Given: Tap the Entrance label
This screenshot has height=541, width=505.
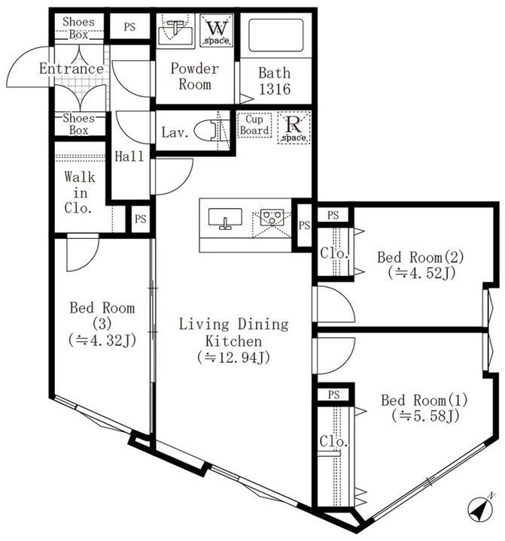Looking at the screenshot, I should [71, 69].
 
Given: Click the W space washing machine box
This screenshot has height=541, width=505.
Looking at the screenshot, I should [217, 31].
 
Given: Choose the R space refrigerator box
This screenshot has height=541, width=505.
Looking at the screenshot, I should [292, 127].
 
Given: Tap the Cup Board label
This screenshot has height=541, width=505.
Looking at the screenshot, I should [254, 125].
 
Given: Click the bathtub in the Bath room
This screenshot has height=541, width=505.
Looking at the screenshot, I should [275, 33].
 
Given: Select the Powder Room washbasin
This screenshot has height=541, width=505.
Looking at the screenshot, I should [178, 31].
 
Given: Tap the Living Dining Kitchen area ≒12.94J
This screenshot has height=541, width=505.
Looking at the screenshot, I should [233, 358].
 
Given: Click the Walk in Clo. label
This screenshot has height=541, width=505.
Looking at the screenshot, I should [79, 193].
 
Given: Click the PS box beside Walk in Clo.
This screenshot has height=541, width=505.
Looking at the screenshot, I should [139, 219].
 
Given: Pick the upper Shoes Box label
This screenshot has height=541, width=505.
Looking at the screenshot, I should [78, 29].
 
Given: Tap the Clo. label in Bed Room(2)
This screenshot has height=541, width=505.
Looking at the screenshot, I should [333, 254].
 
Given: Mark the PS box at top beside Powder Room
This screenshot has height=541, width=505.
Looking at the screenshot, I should [129, 27].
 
